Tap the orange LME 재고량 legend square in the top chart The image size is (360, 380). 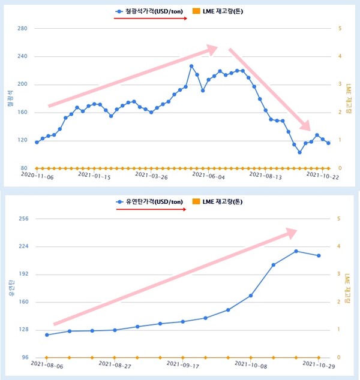(x=196, y=11)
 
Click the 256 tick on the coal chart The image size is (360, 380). (x=23, y=219)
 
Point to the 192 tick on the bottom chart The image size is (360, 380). (x=23, y=274)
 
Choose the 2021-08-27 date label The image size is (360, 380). (x=114, y=364)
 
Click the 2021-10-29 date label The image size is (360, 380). (x=319, y=364)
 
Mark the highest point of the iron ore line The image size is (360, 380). (x=191, y=66)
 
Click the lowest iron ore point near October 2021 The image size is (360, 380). (x=299, y=152)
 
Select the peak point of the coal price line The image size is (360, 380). (x=296, y=251)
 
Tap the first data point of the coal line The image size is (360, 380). (x=47, y=334)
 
